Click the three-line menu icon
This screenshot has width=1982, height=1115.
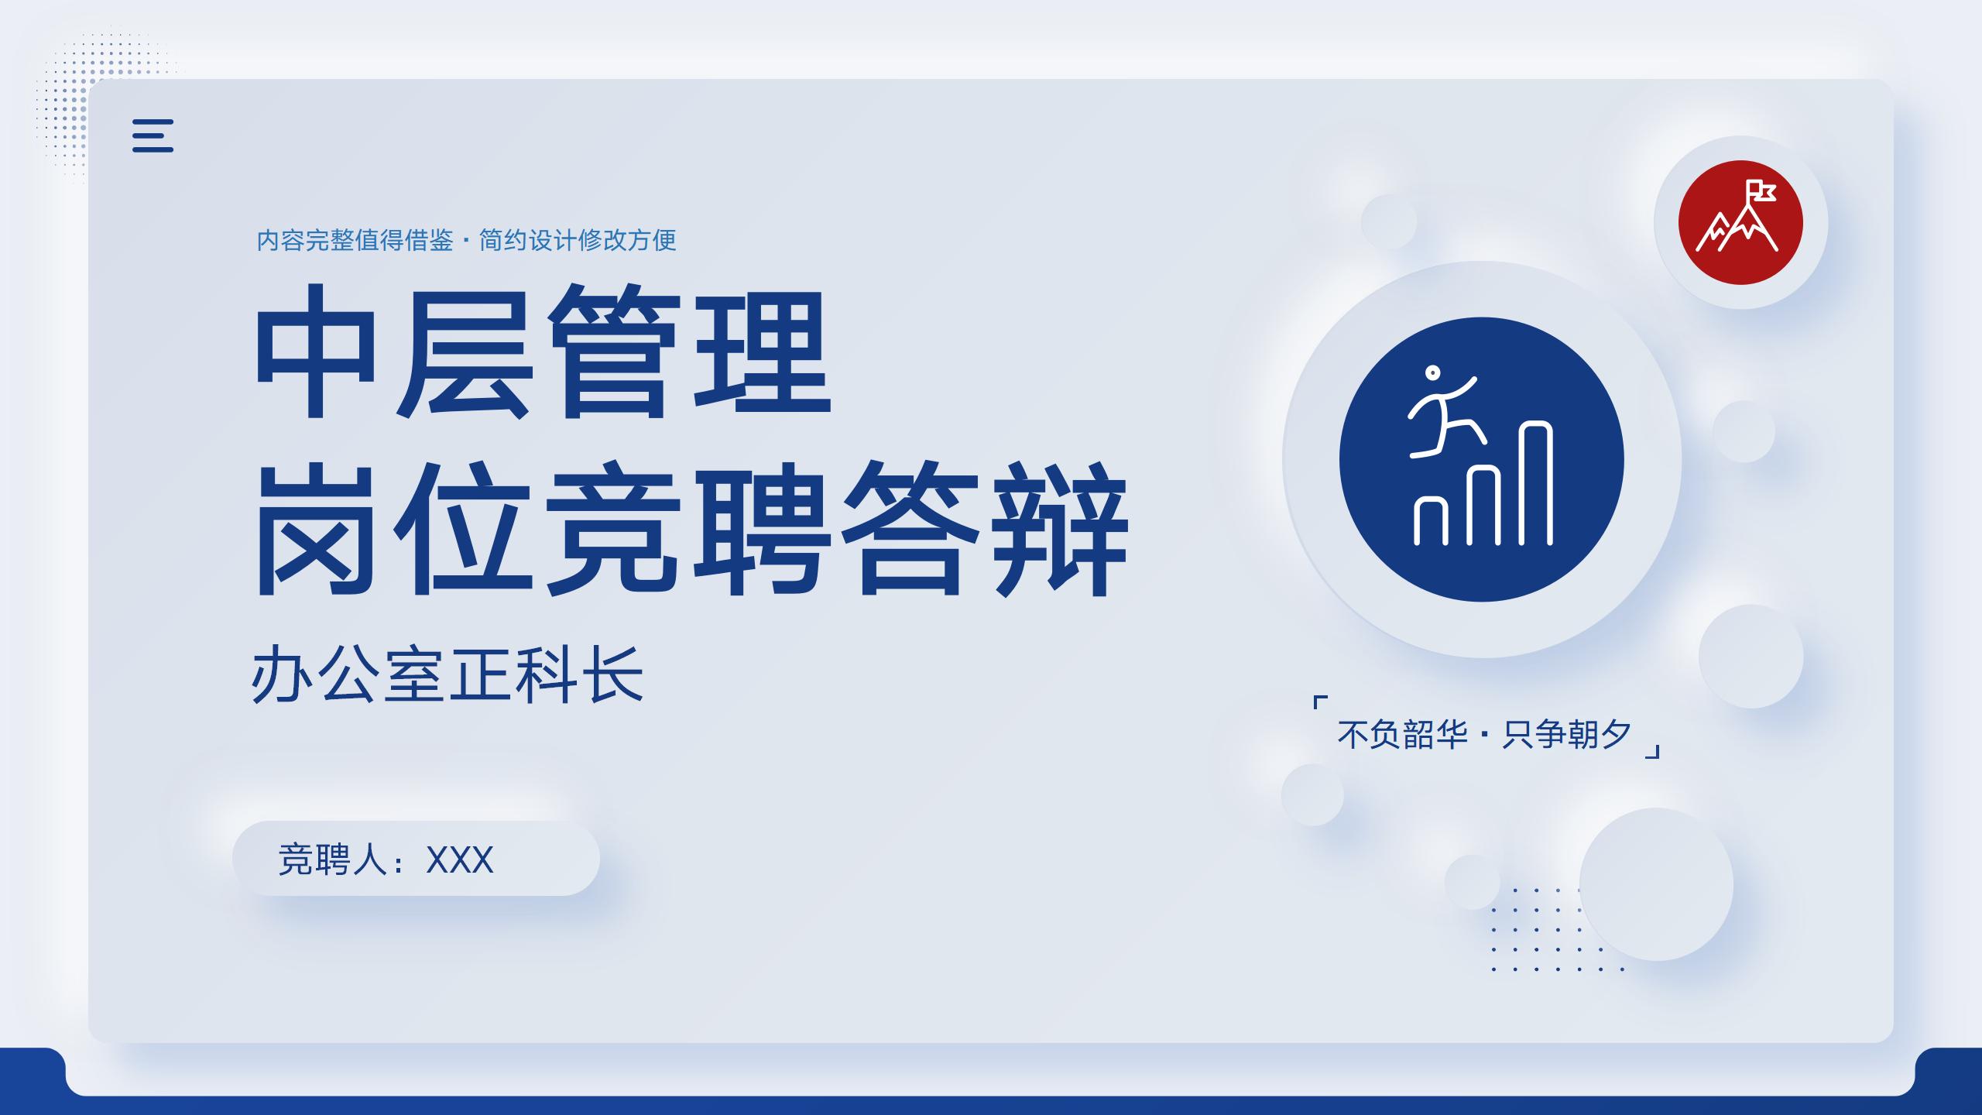153,136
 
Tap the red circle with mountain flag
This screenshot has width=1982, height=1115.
1740,222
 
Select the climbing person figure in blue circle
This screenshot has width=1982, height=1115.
1442,411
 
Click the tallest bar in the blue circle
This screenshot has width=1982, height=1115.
1537,483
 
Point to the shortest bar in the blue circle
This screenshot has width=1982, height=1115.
1431,520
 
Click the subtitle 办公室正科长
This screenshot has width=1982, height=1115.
447,675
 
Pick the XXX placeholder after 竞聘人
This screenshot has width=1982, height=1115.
460,859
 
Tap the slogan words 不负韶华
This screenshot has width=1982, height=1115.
1402,734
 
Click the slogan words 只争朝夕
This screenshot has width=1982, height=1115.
1567,734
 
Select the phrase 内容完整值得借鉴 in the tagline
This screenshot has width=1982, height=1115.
355,240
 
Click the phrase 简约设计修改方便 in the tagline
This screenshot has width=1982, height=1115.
578,240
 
